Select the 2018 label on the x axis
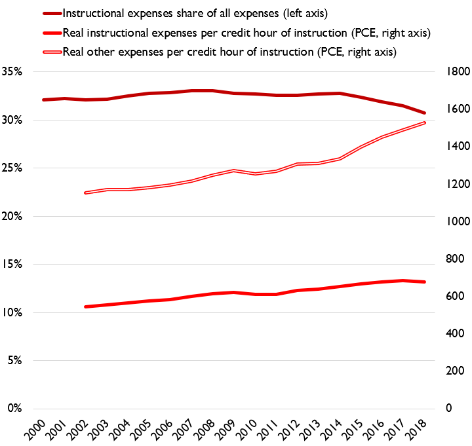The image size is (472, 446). tap(415, 428)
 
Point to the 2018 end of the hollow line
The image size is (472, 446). tap(425, 122)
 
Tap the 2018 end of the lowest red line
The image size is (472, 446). tap(425, 282)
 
